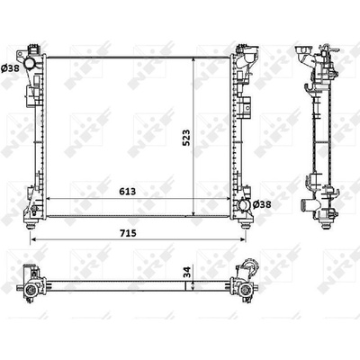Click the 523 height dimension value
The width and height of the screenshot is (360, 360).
point(186,138)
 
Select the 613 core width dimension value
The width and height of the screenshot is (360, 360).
point(128,191)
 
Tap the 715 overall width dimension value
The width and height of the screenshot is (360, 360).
point(128,233)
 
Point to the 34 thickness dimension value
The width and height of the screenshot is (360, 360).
point(186,272)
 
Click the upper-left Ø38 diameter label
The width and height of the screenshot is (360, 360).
point(10,68)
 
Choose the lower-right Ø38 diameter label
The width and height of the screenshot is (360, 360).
point(262,204)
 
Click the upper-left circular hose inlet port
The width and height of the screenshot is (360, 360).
point(30,64)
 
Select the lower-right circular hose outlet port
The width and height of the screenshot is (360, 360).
point(243,205)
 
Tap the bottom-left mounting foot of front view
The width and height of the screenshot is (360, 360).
point(31,225)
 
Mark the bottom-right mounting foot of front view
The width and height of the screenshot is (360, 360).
point(246,225)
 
